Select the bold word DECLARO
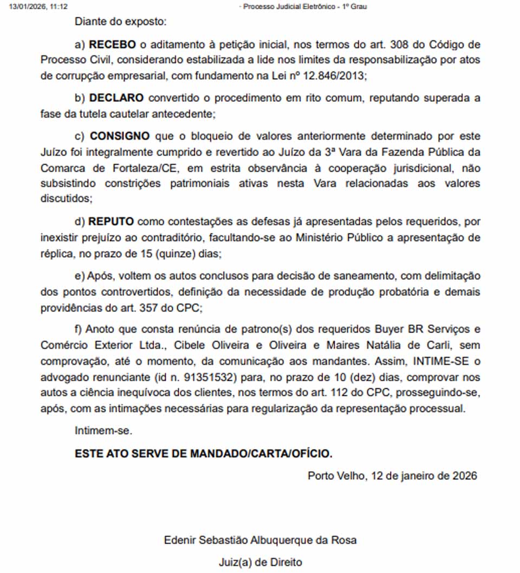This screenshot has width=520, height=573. point(116,98)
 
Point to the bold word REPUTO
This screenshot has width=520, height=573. point(112,222)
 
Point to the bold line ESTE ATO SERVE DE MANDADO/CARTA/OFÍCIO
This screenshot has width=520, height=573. point(204,453)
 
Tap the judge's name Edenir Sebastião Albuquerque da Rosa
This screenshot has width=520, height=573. point(260,540)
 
